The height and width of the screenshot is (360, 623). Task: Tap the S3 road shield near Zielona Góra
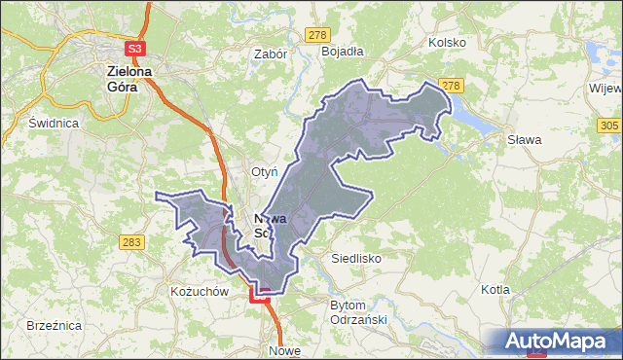point(134,48)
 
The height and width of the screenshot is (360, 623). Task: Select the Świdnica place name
point(53,124)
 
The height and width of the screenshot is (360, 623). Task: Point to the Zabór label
point(270,55)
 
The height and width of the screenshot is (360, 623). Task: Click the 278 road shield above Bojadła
point(315,35)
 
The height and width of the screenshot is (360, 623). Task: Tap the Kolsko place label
point(447,43)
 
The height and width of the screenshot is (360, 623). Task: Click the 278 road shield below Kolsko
point(449,86)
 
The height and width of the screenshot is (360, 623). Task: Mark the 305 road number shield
point(608,126)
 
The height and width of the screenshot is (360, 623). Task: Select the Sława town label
point(525,139)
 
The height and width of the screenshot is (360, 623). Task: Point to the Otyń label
point(265,171)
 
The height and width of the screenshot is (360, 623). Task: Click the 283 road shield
point(132,241)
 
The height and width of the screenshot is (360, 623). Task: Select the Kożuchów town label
point(198,291)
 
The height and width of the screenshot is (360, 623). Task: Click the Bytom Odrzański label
point(358,311)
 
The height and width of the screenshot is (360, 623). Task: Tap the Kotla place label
point(496,290)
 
